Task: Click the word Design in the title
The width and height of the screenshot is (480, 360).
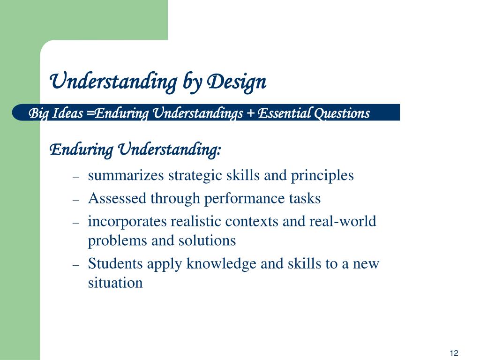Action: point(237,82)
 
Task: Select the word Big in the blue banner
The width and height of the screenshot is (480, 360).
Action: point(37,113)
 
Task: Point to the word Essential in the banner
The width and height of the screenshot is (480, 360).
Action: point(285,113)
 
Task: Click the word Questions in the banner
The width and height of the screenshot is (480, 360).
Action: point(342,113)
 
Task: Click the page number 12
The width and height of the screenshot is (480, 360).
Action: point(453,353)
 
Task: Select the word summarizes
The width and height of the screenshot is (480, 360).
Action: point(126,175)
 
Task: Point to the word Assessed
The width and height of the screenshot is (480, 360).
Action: point(118,198)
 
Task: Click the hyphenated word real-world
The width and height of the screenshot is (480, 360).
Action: point(343,221)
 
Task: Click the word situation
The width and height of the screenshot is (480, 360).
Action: point(115,283)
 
